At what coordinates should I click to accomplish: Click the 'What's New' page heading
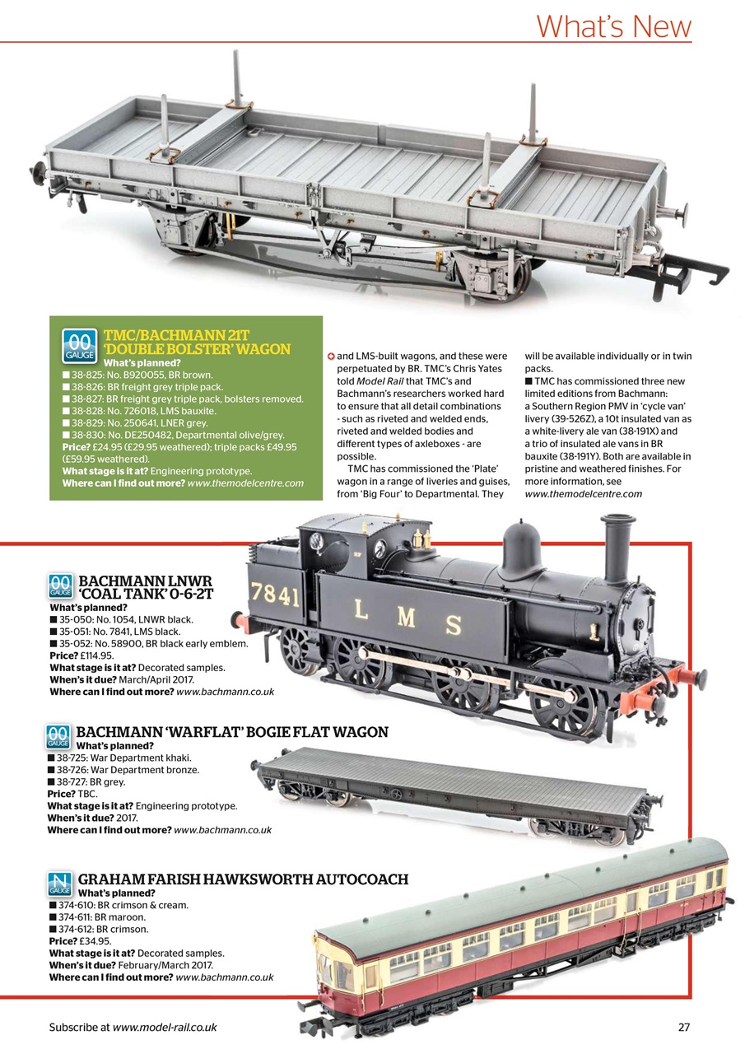pyautogui.click(x=613, y=26)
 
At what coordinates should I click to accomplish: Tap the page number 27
pyautogui.click(x=683, y=1026)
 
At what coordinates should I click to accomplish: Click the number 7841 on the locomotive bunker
pyautogui.click(x=275, y=595)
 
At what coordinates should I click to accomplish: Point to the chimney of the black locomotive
pyautogui.click(x=616, y=548)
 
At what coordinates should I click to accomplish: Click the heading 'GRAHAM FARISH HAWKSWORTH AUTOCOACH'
pyautogui.click(x=243, y=879)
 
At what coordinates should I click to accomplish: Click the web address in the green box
pyautogui.click(x=245, y=483)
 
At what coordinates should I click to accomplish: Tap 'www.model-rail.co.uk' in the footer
pyautogui.click(x=164, y=1027)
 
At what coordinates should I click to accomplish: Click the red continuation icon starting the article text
pyautogui.click(x=331, y=356)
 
